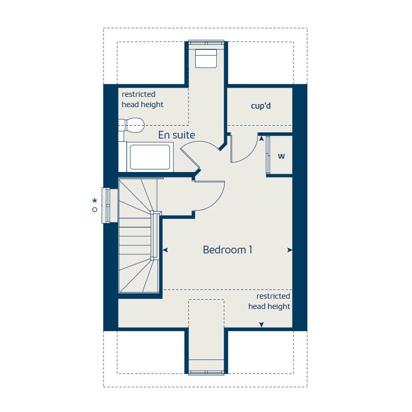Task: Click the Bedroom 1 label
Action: click(227, 250)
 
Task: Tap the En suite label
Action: click(176, 135)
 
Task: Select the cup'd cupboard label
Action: click(261, 106)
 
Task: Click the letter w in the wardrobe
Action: click(281, 156)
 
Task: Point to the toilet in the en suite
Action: click(133, 124)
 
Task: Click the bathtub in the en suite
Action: click(149, 157)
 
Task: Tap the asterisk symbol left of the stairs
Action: click(94, 201)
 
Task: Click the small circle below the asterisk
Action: click(94, 210)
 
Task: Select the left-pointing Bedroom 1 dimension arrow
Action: click(165, 250)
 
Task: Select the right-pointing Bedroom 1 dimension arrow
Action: click(289, 250)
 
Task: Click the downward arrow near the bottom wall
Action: click(262, 324)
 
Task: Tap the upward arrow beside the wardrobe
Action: click(262, 138)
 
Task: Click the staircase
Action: click(137, 237)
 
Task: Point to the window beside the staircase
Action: click(107, 205)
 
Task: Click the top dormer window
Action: click(207, 42)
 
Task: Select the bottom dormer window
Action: click(207, 372)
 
